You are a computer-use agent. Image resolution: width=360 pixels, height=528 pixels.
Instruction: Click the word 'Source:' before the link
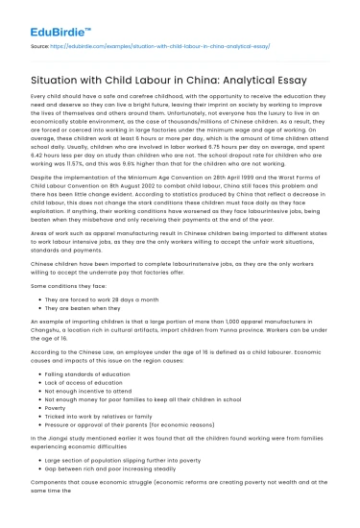pos(38,44)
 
